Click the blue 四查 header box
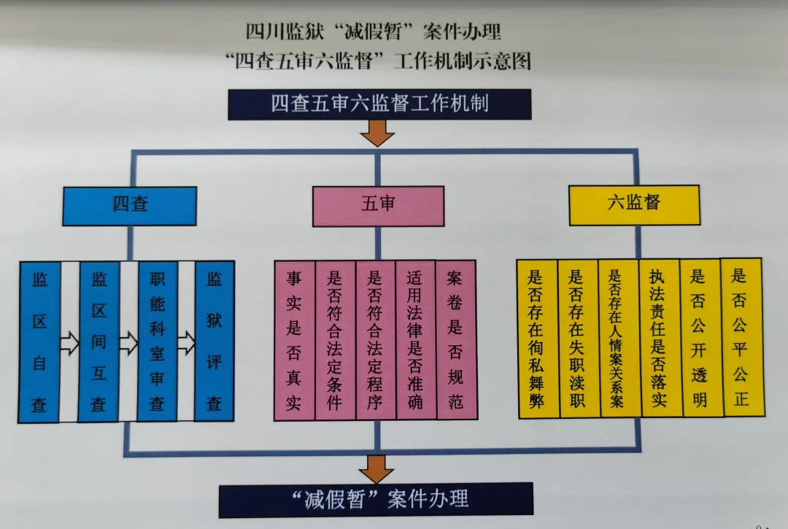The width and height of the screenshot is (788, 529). [x=129, y=205]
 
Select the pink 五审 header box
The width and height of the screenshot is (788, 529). [x=378, y=205]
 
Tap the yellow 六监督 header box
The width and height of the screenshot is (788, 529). [x=633, y=204]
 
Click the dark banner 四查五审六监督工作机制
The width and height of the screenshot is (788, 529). [x=379, y=104]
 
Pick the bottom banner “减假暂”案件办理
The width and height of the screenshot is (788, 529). [x=376, y=499]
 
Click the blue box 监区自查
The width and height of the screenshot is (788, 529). [x=39, y=341]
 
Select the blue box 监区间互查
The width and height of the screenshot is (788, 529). [x=98, y=341]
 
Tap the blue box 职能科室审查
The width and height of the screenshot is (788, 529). [x=158, y=341]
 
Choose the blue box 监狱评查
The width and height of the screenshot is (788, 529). [x=214, y=341]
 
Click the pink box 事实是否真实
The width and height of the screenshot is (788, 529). [x=294, y=341]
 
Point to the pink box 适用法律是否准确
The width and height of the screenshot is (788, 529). [x=415, y=341]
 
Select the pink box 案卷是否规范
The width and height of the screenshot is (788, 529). [x=455, y=341]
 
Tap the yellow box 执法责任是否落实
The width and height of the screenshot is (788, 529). [x=660, y=338]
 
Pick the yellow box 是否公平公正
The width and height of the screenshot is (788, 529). [x=741, y=336]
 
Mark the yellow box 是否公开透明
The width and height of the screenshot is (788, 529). [x=700, y=337]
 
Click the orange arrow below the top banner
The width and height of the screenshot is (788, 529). [x=377, y=133]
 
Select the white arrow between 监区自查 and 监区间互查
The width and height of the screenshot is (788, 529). [x=69, y=342]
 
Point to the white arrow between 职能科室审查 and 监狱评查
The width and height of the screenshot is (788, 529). [x=186, y=341]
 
